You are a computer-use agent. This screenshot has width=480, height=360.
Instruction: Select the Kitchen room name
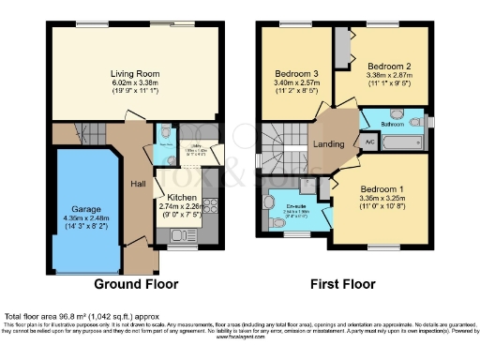click(189, 197)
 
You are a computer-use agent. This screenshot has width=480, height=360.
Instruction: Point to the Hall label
click(137, 184)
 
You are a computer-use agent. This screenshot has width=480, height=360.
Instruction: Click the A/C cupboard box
click(368, 142)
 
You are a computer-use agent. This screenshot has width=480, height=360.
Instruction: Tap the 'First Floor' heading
click(345, 282)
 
